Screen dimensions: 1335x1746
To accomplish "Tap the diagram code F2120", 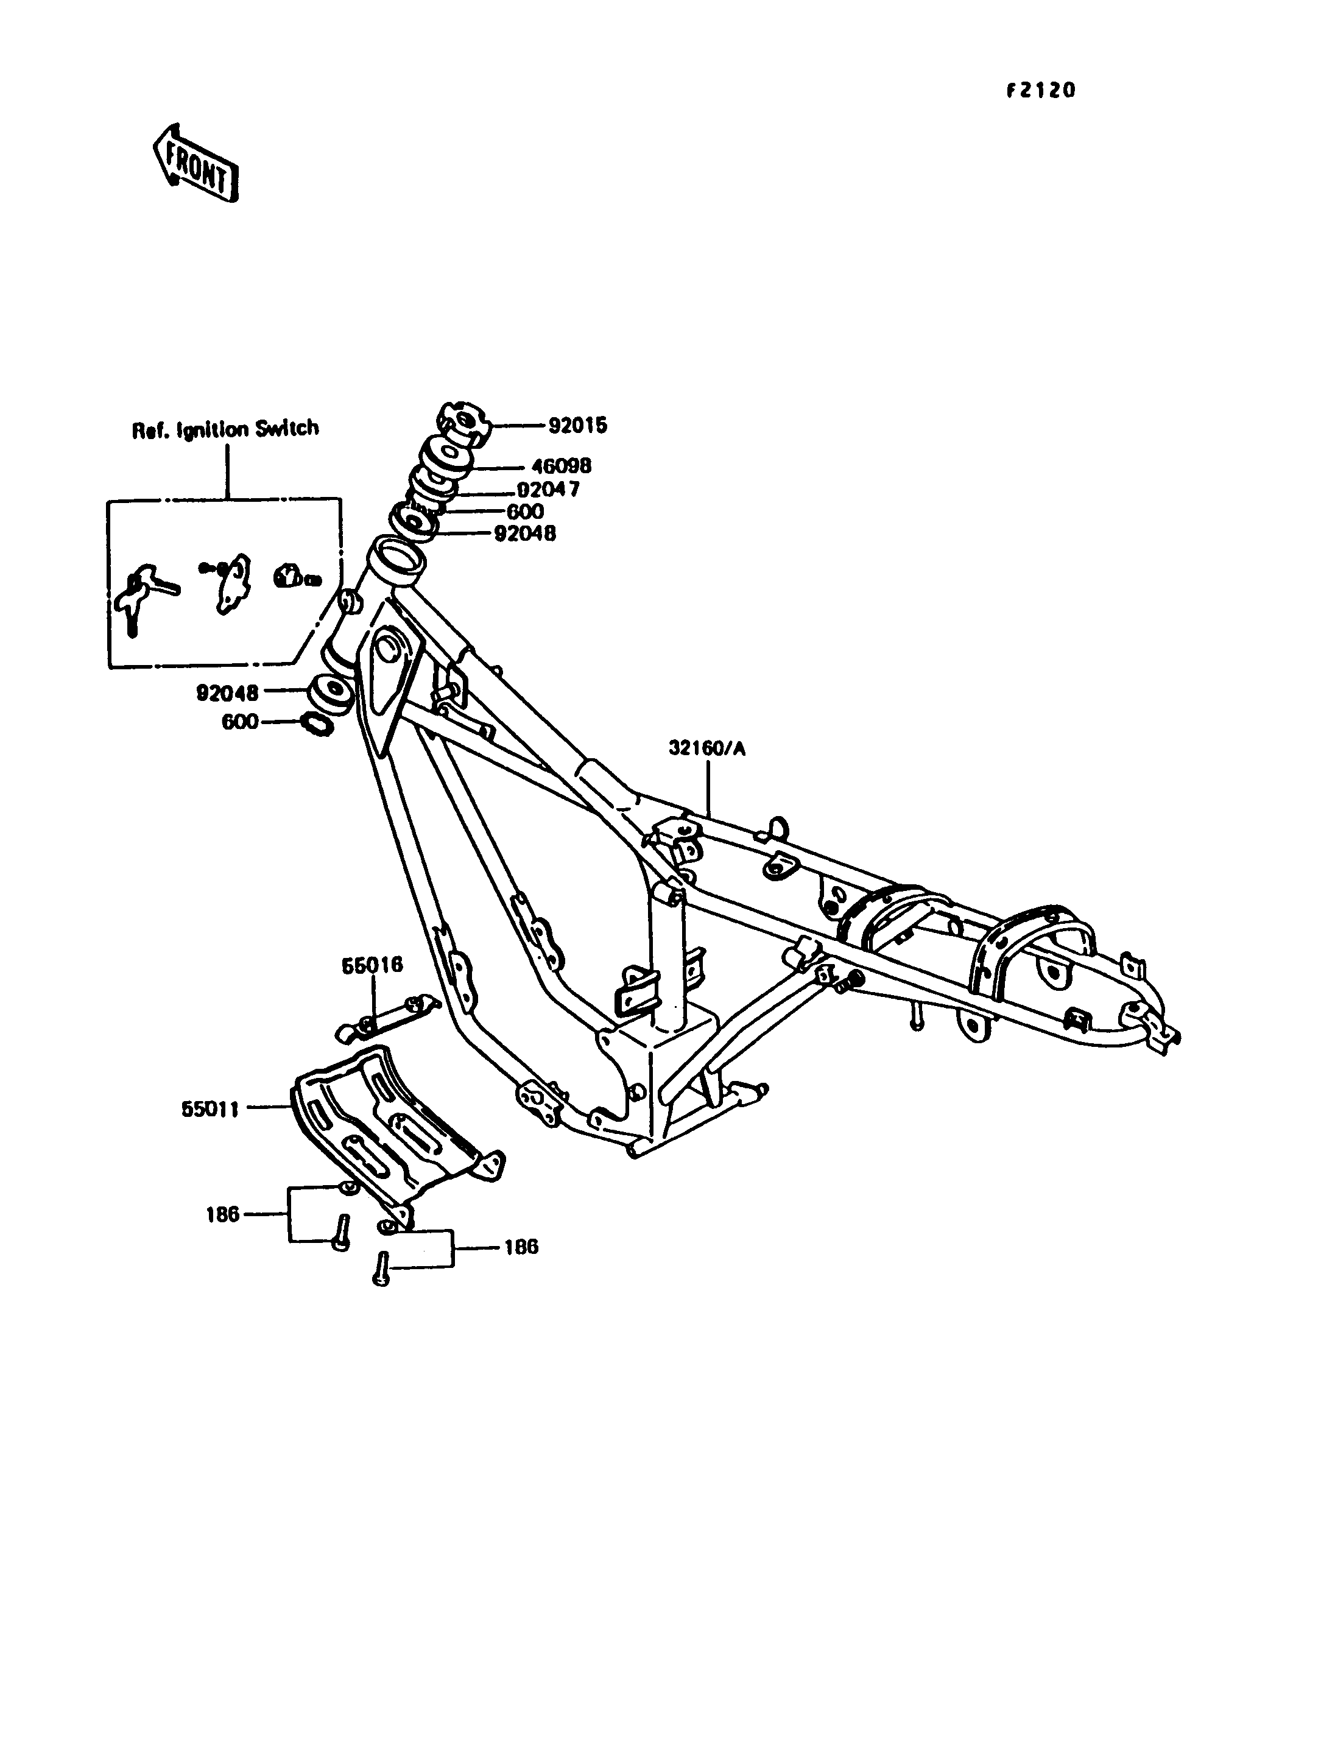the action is [1040, 91].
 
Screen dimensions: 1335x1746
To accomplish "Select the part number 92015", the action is [578, 426].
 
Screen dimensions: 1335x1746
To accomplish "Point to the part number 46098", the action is [562, 466].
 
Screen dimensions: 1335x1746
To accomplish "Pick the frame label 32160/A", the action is [707, 748].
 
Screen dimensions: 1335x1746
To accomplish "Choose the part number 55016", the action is [373, 966].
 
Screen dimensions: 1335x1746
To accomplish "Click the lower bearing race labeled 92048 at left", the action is [328, 693].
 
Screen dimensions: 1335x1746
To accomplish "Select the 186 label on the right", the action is [521, 1247].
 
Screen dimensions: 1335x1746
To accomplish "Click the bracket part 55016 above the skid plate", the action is [389, 1018].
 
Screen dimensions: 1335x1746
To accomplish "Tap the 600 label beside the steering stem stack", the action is [525, 512].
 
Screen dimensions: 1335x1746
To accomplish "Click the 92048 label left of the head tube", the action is [227, 694].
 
